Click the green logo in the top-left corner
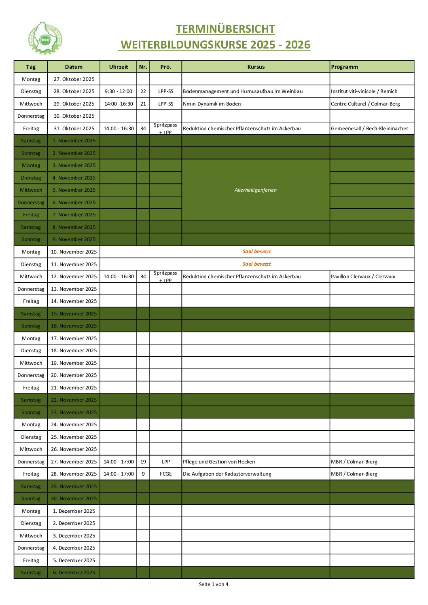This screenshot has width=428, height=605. click(x=45, y=38)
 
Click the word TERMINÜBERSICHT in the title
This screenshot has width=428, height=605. click(x=225, y=29)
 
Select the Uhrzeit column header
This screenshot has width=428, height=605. click(x=119, y=67)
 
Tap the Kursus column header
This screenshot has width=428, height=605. click(x=256, y=67)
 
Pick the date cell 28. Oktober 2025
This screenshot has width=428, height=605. click(x=74, y=91)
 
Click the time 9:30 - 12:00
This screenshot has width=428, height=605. click(x=119, y=91)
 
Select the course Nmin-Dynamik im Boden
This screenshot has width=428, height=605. click(x=212, y=104)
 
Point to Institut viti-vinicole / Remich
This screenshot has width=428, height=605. click(x=364, y=91)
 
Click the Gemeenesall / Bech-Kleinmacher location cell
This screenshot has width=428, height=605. click(x=369, y=129)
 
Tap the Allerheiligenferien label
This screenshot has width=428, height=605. click(x=256, y=190)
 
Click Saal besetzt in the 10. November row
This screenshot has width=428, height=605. click(x=256, y=252)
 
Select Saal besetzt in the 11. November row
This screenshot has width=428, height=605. click(x=256, y=264)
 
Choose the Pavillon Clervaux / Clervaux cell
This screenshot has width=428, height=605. click(x=363, y=277)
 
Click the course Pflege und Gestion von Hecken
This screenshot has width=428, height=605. click(x=219, y=462)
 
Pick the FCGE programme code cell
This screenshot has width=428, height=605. click(x=165, y=474)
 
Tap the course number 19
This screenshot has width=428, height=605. click(x=143, y=462)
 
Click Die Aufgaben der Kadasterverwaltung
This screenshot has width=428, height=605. click(x=227, y=474)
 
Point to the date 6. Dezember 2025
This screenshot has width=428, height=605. click(x=74, y=573)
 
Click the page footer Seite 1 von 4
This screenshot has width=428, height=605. click(x=214, y=584)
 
